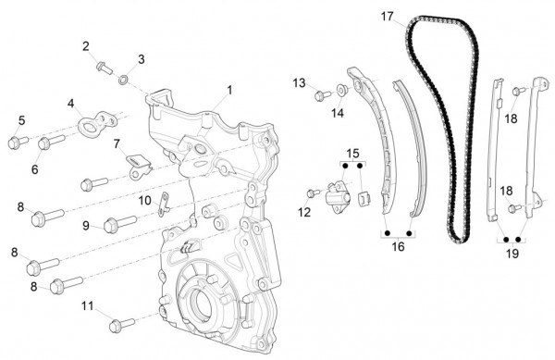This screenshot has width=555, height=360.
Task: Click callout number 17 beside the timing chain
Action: click(388, 17)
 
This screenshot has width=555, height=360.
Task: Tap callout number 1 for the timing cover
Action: click(229, 90)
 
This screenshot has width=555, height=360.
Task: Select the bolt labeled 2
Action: click(105, 68)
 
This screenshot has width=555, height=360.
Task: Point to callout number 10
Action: click(145, 200)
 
